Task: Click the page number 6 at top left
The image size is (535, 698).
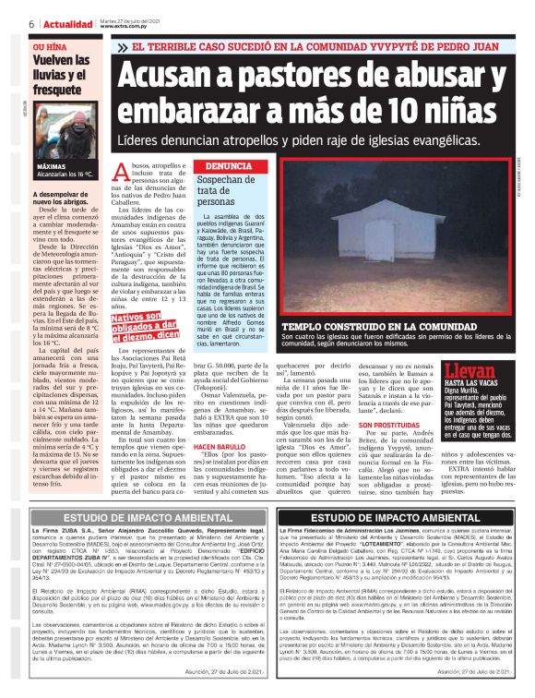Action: (31, 23)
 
